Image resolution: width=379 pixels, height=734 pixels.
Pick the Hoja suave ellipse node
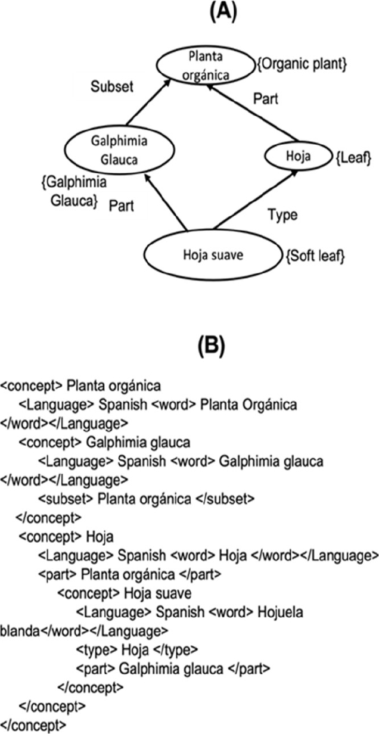(212, 256)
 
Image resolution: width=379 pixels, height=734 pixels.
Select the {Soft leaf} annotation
(316, 257)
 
